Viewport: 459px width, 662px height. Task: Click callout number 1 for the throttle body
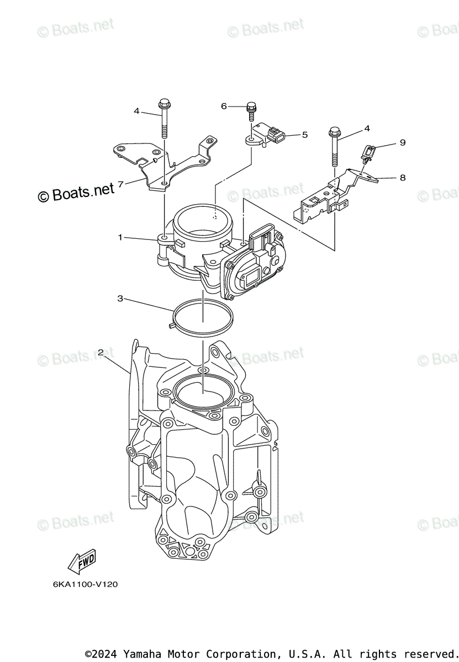pyautogui.click(x=119, y=237)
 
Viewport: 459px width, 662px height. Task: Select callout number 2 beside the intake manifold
pyautogui.click(x=101, y=352)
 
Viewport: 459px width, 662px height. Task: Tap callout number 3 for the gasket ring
pyautogui.click(x=119, y=298)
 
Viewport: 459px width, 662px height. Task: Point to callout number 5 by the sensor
pyautogui.click(x=304, y=134)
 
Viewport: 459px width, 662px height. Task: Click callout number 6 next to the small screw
pyautogui.click(x=224, y=106)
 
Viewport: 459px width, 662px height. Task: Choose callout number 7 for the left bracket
pyautogui.click(x=120, y=183)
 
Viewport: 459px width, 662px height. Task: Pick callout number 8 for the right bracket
pyautogui.click(x=402, y=177)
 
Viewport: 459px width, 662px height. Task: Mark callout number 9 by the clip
pyautogui.click(x=403, y=142)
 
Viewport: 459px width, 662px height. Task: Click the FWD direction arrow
pyautogui.click(x=82, y=561)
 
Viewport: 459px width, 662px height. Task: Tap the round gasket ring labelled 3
pyautogui.click(x=202, y=320)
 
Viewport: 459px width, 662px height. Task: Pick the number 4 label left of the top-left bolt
pyautogui.click(x=136, y=111)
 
